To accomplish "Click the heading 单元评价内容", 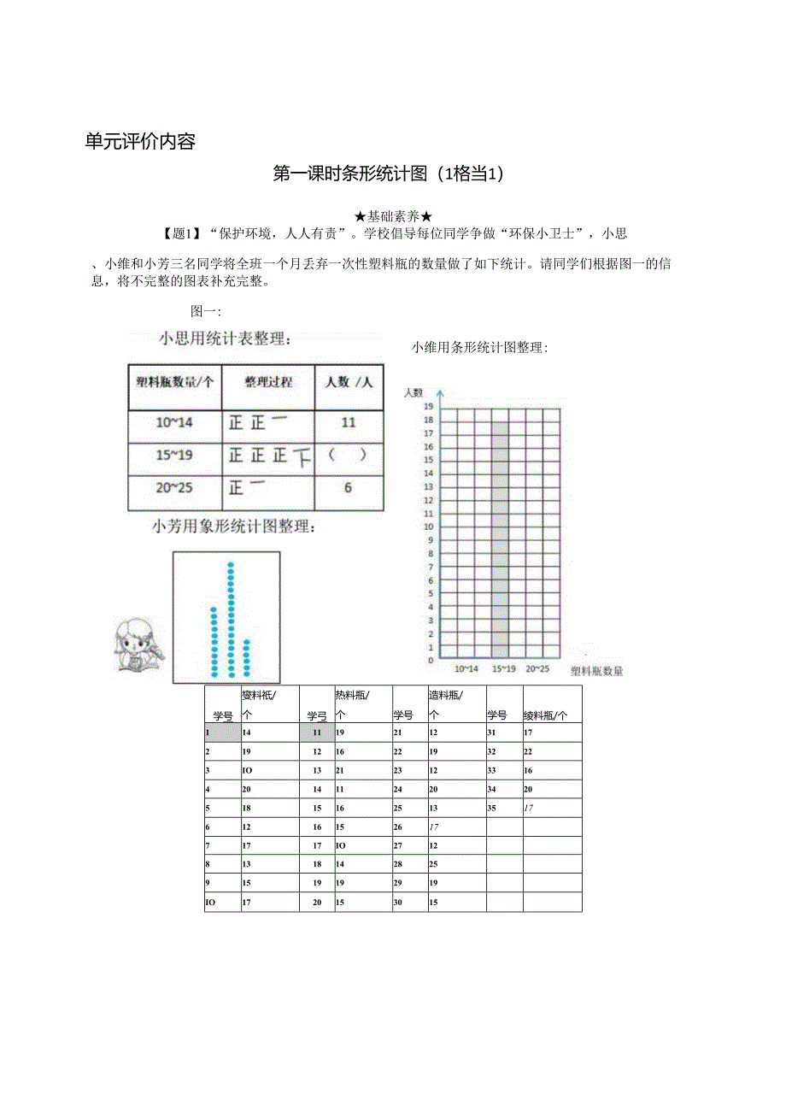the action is coord(140,142).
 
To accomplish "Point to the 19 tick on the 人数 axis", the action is coord(429,407).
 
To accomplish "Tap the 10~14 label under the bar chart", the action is coord(466,668).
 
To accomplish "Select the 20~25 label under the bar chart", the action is coord(537,668).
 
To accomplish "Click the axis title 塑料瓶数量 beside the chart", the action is coord(596,671).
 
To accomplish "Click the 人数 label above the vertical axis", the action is coord(414,392).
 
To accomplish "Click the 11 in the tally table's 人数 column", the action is coord(349,422).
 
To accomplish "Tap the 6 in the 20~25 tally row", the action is coord(348,487).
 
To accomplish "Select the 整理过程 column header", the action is coord(268,382).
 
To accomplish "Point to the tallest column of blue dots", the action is coord(231,619).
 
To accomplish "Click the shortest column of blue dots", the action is coord(247,657).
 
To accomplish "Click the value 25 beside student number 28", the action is coord(434,864).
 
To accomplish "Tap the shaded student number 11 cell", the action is coord(317,733).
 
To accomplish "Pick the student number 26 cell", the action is coord(398,827).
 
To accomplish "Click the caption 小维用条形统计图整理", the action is coord(479,348).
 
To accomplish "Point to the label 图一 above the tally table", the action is coord(206,312).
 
